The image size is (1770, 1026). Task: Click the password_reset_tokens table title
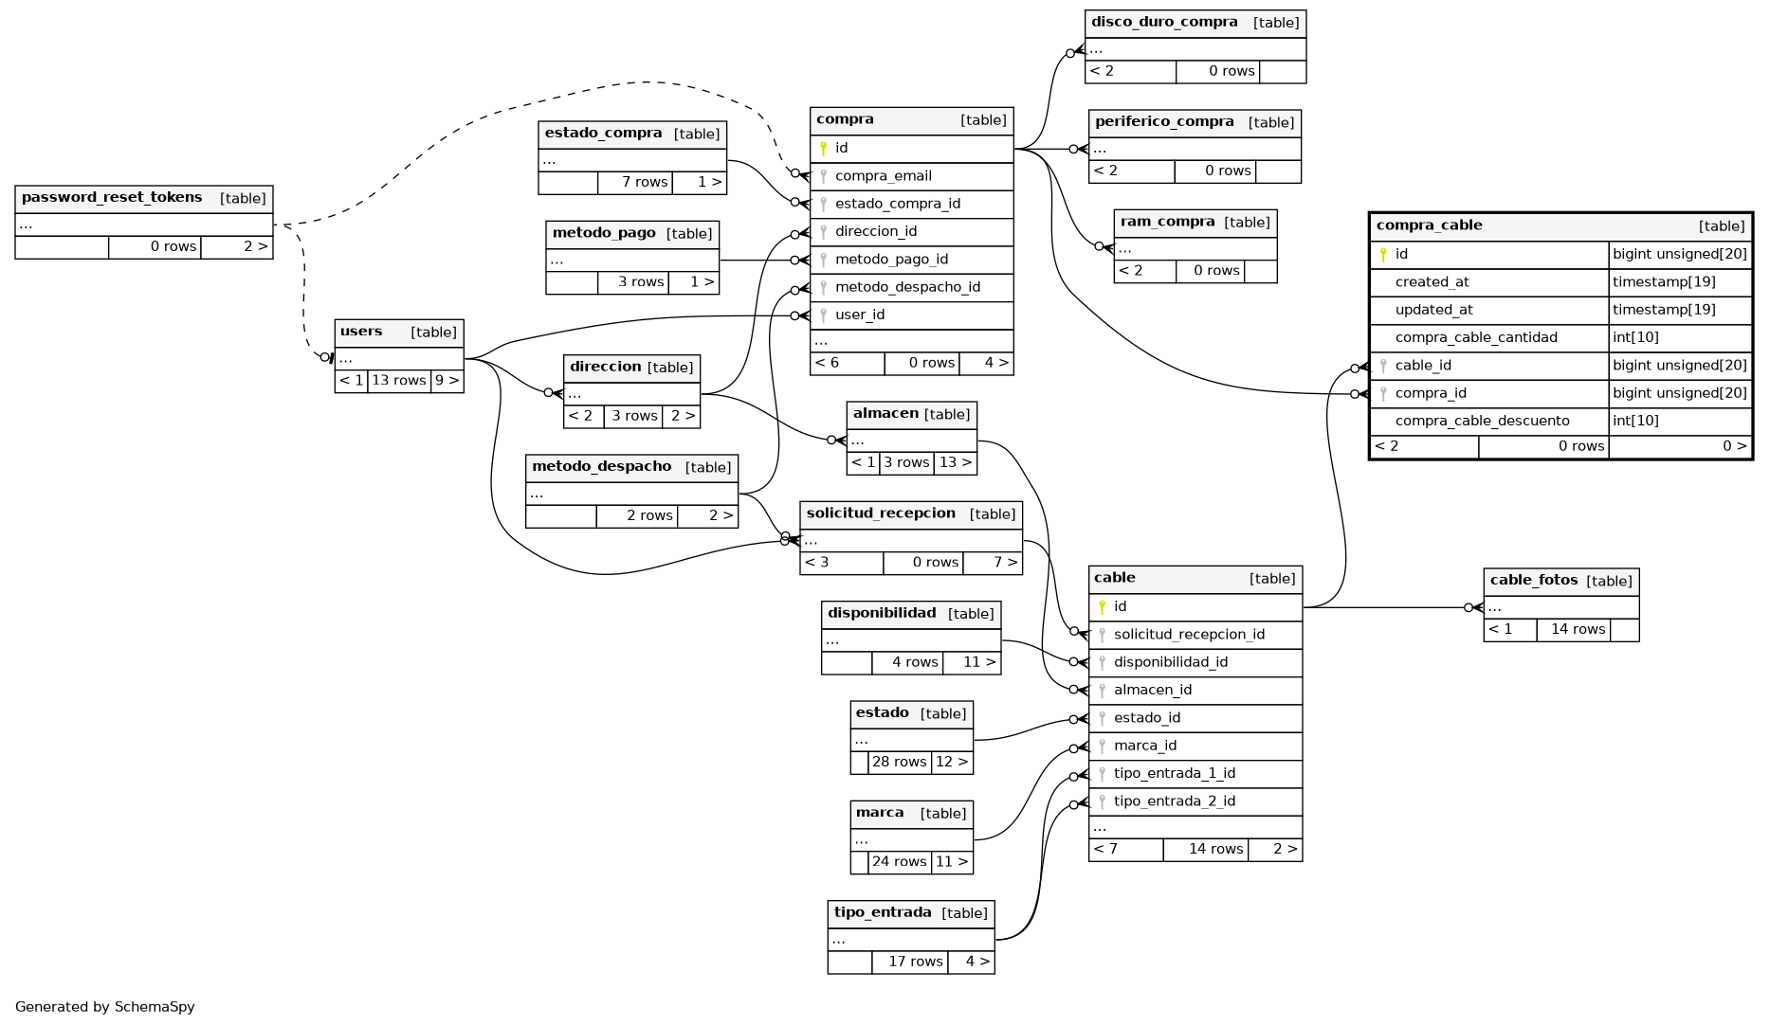click(x=112, y=198)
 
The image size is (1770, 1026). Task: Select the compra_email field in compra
click(x=883, y=176)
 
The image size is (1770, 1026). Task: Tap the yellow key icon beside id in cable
click(x=1102, y=607)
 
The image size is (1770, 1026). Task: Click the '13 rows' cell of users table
click(x=398, y=381)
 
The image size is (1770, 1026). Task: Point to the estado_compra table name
click(x=603, y=134)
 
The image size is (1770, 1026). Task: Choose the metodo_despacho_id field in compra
click(x=907, y=287)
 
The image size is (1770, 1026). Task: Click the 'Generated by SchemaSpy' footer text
click(x=105, y=1007)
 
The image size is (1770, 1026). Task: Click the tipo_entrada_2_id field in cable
click(x=1174, y=801)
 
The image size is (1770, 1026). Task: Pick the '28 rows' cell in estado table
click(x=899, y=763)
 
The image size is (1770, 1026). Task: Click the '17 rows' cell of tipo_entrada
click(x=915, y=963)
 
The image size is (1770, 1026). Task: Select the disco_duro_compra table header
click(x=1164, y=23)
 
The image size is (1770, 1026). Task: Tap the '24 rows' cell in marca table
click(x=899, y=862)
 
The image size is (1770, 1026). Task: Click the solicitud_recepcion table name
click(x=881, y=513)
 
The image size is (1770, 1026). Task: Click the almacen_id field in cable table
click(x=1152, y=691)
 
